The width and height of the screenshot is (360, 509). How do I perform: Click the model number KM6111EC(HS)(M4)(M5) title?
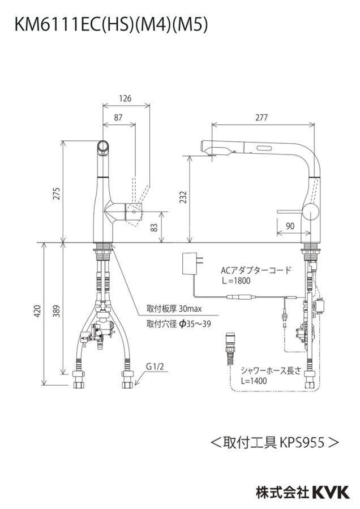pos(111,25)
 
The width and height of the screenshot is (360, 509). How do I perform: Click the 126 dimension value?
pos(125,98)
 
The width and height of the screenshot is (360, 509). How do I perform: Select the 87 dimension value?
pos(118,118)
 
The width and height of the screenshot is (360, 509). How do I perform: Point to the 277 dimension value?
pos(262,118)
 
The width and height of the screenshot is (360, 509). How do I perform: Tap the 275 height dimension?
pos(57,193)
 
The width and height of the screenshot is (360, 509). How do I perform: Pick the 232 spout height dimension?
pos(183,197)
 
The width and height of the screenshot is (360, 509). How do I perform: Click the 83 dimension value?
pos(155,227)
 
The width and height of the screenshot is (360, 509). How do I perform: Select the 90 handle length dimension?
pos(290,226)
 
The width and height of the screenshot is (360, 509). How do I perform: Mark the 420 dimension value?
pos(38,311)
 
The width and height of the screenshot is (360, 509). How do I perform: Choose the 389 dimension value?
pos(57,311)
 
